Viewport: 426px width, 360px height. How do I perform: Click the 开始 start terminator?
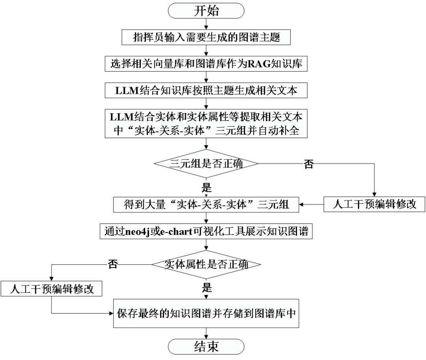pyautogui.click(x=206, y=11)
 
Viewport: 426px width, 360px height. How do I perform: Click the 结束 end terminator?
pyautogui.click(x=206, y=347)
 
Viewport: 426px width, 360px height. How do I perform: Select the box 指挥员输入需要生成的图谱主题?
pyautogui.click(x=206, y=37)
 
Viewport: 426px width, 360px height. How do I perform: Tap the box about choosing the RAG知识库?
pyautogui.click(x=206, y=64)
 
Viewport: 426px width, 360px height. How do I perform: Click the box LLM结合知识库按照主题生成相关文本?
pyautogui.click(x=206, y=90)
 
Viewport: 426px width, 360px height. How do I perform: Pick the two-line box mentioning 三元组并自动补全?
pyautogui.click(x=206, y=124)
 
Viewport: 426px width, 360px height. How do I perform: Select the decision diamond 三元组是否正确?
pyautogui.click(x=206, y=163)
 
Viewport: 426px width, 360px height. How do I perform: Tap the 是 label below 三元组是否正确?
pyautogui.click(x=207, y=187)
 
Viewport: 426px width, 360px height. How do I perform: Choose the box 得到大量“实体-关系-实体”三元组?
pyautogui.click(x=206, y=204)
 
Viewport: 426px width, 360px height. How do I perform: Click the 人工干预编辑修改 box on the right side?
pyautogui.click(x=374, y=204)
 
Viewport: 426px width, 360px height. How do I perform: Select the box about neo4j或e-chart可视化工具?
pyautogui.click(x=206, y=231)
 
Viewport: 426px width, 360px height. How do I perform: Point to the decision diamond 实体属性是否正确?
pyautogui.click(x=206, y=264)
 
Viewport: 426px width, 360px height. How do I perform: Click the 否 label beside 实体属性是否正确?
pyautogui.click(x=112, y=264)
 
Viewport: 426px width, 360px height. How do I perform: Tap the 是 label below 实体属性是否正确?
pyautogui.click(x=207, y=287)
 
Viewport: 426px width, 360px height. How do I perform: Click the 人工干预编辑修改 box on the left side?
pyautogui.click(x=52, y=289)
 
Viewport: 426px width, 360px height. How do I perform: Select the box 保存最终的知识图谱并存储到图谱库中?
pyautogui.click(x=206, y=313)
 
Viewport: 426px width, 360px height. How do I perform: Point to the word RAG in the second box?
pyautogui.click(x=257, y=64)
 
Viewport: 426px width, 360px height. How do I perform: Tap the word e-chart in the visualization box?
pyautogui.click(x=176, y=231)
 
